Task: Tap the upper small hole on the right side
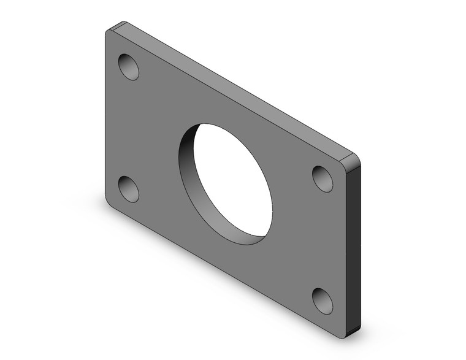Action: coord(323,178)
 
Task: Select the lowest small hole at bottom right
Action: coord(323,301)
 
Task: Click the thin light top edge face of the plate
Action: coord(233,86)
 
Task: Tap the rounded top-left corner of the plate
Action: coord(110,31)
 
